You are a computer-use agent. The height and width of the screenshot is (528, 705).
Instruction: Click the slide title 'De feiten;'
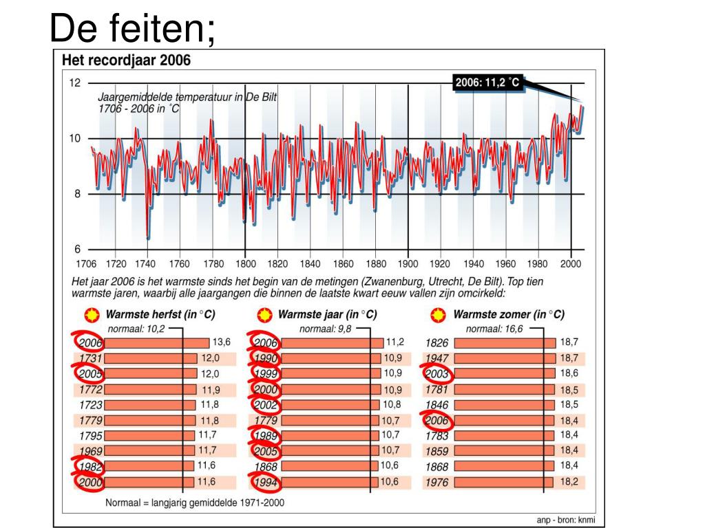tap(133, 29)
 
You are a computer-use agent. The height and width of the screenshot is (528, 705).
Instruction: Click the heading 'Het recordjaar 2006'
tap(127, 60)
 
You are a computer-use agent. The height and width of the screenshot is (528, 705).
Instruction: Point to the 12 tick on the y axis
tap(74, 83)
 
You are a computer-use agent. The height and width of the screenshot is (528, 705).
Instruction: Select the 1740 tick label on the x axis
tap(147, 263)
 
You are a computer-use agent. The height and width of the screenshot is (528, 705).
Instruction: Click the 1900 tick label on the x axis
tap(408, 263)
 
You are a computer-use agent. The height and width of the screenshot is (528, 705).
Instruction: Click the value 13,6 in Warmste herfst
tap(221, 342)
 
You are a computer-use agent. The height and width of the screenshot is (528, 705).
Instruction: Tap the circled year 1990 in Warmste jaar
tap(265, 358)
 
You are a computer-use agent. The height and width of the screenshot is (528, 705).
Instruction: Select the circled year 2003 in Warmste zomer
tap(437, 374)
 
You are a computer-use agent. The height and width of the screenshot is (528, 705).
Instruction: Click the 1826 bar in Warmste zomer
tap(505, 342)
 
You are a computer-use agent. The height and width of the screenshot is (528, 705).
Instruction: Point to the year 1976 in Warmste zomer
tap(436, 483)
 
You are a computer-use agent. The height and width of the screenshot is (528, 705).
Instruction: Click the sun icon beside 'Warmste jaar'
tap(264, 315)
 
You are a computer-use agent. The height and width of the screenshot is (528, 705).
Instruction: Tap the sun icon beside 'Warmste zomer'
tap(436, 315)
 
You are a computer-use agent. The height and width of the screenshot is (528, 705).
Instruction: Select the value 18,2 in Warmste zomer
tap(569, 482)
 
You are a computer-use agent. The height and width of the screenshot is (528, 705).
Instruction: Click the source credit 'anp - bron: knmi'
tap(565, 520)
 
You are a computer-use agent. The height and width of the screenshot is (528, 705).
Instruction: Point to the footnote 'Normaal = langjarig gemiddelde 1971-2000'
tap(195, 503)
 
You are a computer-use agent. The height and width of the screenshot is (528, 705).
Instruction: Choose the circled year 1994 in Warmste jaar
tap(265, 483)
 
